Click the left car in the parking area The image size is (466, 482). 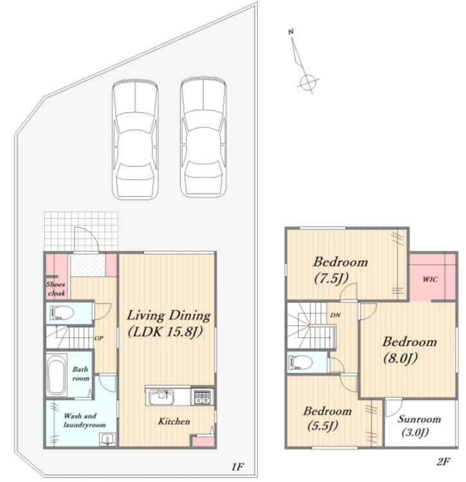[135, 139]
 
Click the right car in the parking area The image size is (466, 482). [203, 137]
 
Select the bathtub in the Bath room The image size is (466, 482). [57, 375]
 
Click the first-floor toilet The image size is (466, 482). [62, 313]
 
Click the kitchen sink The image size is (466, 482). [161, 397]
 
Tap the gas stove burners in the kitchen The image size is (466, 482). [202, 397]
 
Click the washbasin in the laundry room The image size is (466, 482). [107, 440]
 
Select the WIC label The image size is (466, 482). [430, 280]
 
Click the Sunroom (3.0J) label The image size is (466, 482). [418, 425]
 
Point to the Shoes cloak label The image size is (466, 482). [56, 289]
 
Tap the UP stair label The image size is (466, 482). [98, 338]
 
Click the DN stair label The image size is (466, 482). [336, 315]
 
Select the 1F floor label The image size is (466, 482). [238, 467]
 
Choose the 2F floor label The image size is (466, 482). [443, 461]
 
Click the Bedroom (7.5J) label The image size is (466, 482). [340, 270]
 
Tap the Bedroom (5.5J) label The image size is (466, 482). [327, 418]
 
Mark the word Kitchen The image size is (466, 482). [174, 421]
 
